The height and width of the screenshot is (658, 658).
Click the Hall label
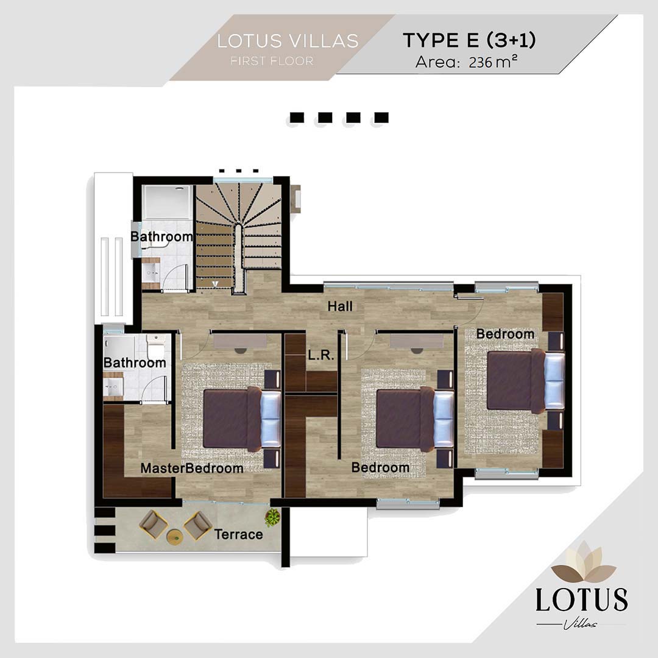pos(340,306)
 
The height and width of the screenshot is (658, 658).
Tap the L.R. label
pos(320,355)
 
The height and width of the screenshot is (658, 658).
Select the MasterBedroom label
pos(192,469)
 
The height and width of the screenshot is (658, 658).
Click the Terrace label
pos(238,534)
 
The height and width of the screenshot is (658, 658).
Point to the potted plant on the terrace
pos(273,517)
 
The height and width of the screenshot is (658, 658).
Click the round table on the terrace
pos(175,537)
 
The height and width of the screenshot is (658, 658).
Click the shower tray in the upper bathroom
pos(168,202)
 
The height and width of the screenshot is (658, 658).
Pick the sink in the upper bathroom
pos(150,273)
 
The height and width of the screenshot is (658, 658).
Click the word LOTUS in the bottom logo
pos(582,600)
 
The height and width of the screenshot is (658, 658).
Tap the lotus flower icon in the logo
pos(583,563)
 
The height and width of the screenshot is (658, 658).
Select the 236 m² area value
pos(493,62)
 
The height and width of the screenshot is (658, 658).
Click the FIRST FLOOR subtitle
pos(272,62)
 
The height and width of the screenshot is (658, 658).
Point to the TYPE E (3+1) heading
pos(469,40)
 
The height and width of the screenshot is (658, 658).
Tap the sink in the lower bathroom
pos(112,386)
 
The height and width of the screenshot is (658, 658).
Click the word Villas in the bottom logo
pos(581,624)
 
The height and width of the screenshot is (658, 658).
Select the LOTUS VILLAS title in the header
pos(288,41)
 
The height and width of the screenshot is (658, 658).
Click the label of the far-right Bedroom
pos(505,334)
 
